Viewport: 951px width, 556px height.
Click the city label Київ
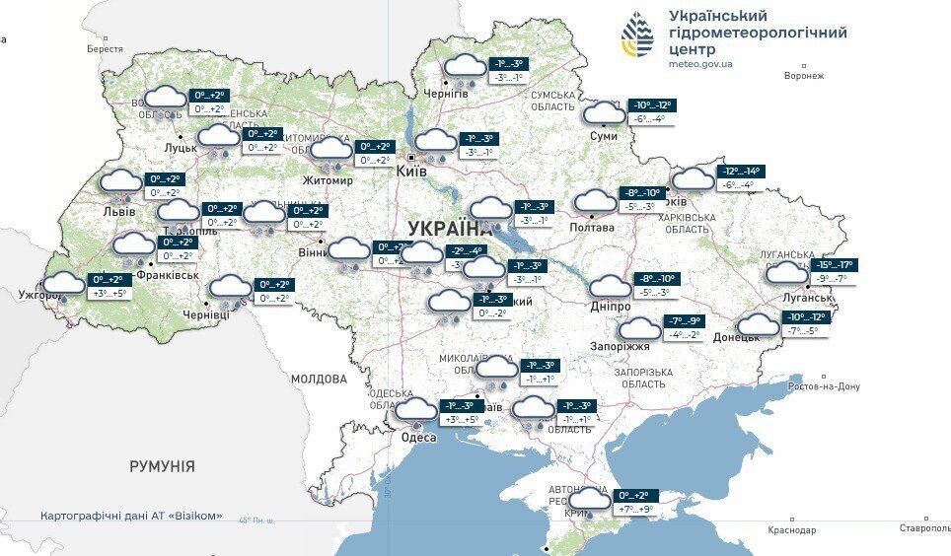[410, 172]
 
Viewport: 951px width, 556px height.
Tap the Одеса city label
[418, 437]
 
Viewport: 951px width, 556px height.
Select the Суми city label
[603, 136]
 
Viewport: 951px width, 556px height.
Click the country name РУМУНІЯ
[162, 466]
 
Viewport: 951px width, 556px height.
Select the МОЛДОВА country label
[319, 379]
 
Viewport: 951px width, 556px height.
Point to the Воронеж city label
[803, 76]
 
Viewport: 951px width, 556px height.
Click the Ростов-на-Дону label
[824, 385]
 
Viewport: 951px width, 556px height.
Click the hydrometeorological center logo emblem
[637, 36]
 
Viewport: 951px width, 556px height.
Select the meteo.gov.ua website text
[700, 64]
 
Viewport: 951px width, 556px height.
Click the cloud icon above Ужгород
[65, 285]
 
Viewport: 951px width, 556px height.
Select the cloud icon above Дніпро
[610, 288]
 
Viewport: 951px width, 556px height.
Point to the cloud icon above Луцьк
[165, 98]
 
